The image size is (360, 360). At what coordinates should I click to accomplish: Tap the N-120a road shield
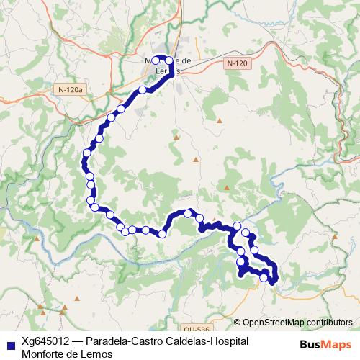[70, 89]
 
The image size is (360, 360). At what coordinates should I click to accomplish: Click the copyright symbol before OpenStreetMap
[238, 322]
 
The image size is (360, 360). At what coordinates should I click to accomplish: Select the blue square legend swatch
[9, 344]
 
